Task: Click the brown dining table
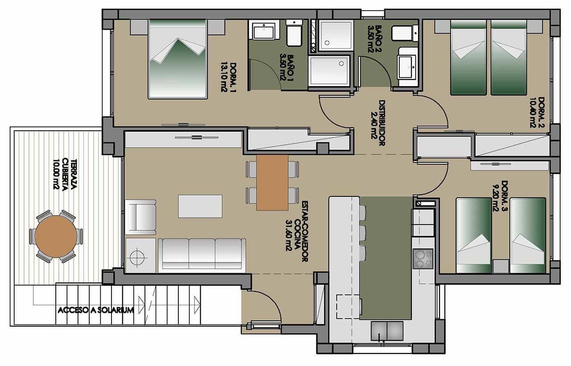click(272, 182)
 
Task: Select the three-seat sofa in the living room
click(202, 254)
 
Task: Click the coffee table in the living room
click(200, 206)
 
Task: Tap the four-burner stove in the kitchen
click(423, 258)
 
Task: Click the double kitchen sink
click(387, 330)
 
